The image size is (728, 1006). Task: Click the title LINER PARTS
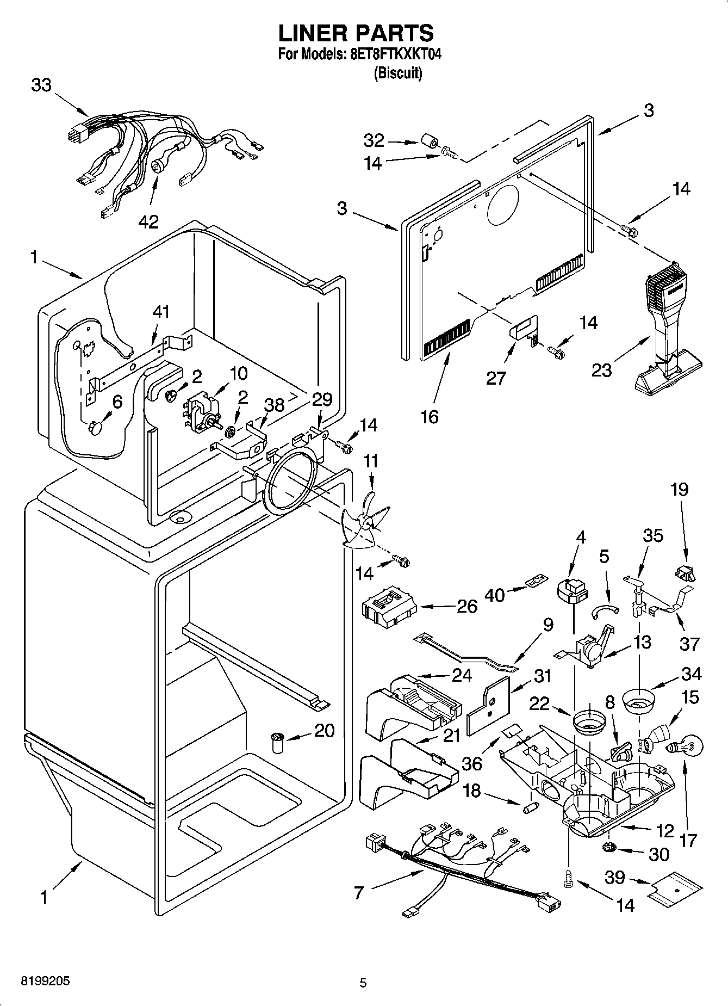pos(356,33)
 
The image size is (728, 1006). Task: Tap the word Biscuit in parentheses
pos(398,73)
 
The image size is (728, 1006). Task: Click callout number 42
pos(148,221)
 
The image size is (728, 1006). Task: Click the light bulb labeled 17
pos(689,744)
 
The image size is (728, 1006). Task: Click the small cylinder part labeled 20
pos(278,742)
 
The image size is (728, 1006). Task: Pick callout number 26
pos(466,606)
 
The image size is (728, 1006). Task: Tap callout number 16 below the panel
pos(430,416)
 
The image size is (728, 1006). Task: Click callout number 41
pos(161,312)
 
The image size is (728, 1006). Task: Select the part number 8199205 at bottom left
pos(46,982)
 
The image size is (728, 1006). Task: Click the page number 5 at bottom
pos(363,983)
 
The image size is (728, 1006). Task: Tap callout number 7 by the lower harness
pos(358,892)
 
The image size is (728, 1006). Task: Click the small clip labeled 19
pos(686,572)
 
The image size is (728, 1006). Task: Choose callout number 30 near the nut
pos(659,854)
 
